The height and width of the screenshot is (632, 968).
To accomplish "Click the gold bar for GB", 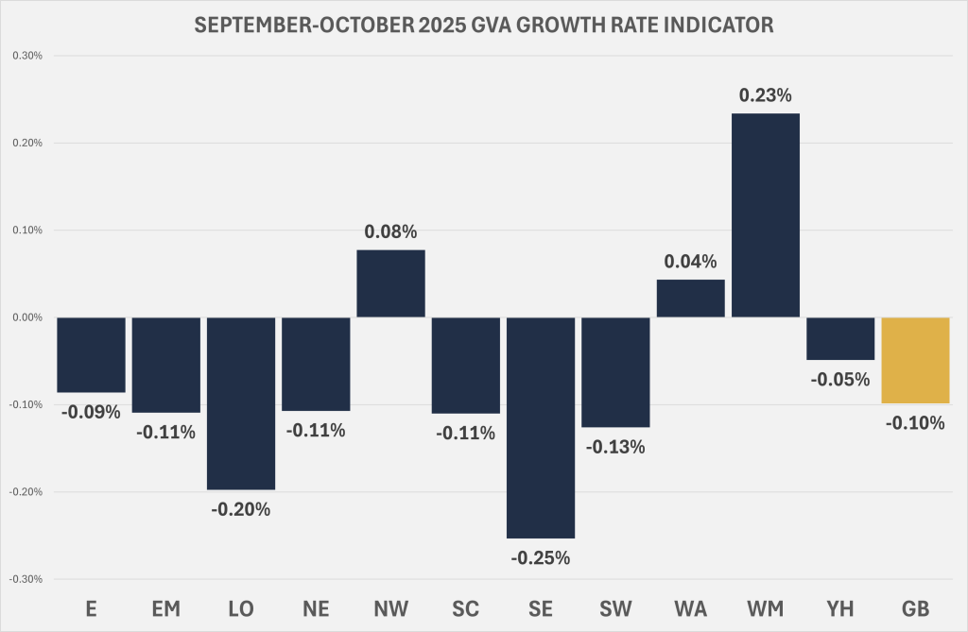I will pos(915,360).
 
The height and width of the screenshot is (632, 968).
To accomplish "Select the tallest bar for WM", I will pos(766,215).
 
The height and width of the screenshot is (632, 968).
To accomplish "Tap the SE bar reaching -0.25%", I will pos(541,428).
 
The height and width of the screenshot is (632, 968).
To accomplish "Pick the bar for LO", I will pos(241,403).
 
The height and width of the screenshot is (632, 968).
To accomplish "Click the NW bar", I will pos(390,283).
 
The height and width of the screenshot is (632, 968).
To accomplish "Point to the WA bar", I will pos(690,299).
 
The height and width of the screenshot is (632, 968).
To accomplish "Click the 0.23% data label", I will pos(766,95).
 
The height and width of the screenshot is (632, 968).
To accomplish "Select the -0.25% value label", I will pos(541,558).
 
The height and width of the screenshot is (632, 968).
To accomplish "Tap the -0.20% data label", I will pos(241,510).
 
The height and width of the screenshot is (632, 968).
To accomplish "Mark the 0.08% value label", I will pos(390,231).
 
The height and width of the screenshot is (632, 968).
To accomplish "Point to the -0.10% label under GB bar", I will pos(915,423).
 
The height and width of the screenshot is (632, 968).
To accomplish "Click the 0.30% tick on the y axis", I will pos(26,56).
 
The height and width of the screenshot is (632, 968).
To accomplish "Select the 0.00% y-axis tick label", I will pos(26,317).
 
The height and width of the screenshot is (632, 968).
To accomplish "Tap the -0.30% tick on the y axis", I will pos(26,579).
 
